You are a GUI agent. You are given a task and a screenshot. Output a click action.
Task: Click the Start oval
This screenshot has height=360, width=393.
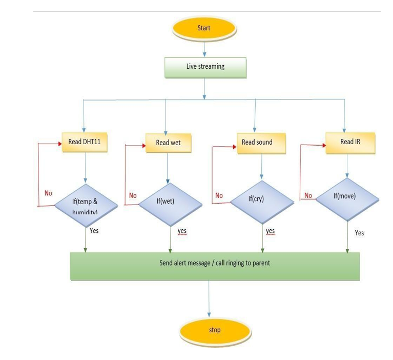pos(204,28)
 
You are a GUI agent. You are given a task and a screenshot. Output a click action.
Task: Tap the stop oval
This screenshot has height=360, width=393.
pos(215,330)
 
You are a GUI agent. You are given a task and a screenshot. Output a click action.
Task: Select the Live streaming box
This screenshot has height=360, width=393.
pos(205,67)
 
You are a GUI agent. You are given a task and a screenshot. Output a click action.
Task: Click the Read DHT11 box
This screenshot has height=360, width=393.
pos(85,142)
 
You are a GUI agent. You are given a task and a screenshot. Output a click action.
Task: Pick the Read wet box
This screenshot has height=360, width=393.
pos(168,143)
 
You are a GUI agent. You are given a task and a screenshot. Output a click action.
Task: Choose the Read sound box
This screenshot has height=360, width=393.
pos(261,143)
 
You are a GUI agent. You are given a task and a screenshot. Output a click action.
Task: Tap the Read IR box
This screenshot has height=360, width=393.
pos(350,142)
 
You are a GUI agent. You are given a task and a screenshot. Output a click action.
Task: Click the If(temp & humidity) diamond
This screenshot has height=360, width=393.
pos(86,205)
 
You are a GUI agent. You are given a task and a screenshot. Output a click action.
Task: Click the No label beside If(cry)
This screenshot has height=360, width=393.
pos(219,195)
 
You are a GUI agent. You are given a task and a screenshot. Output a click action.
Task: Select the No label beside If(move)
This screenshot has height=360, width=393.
pos(308,195)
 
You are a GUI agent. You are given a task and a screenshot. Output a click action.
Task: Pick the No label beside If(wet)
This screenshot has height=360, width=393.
pos(133,195)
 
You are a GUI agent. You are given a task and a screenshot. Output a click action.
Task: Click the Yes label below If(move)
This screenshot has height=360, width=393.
pos(359,233)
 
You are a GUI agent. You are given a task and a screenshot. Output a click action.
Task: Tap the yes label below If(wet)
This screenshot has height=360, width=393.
pos(182,231)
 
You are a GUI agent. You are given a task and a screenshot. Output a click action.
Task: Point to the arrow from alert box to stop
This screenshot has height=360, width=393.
pos(209,298)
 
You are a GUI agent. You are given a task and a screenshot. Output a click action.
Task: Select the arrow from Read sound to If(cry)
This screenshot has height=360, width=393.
pos(262,167)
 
